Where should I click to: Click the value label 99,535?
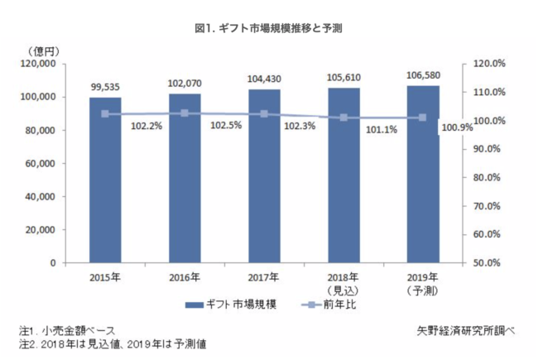point(105,85)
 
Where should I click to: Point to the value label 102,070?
point(185,82)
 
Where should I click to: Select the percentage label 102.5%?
point(225,126)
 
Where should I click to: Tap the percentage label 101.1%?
point(383,129)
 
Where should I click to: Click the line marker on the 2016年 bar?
point(185,113)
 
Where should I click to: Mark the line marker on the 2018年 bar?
point(344,118)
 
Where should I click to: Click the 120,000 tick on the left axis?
point(36,64)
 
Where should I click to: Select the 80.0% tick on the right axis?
point(483,177)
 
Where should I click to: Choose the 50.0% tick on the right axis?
point(483,263)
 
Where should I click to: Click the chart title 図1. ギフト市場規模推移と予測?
point(269,28)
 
